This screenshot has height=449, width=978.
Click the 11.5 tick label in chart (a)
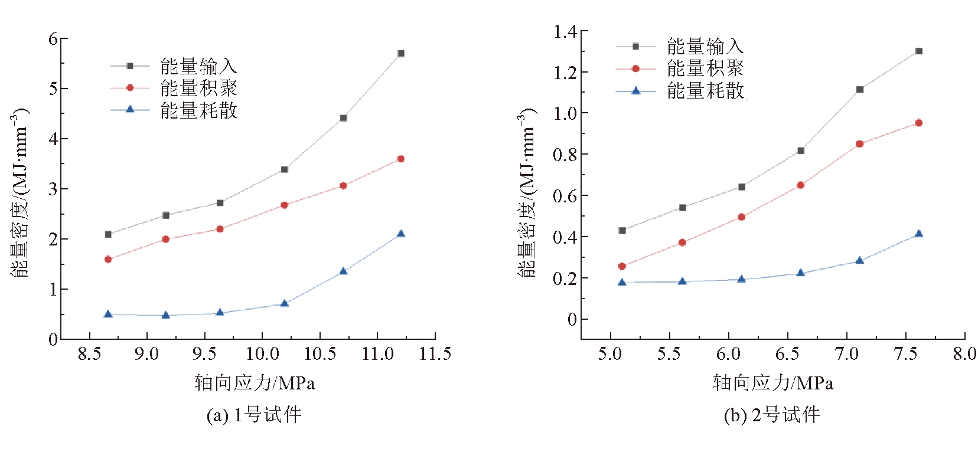[435, 354]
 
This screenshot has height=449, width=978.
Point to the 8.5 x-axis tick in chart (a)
[90, 354]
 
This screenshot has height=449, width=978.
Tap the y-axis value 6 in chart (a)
[54, 39]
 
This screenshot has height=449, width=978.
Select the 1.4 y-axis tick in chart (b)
[565, 31]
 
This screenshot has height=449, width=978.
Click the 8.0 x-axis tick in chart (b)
[964, 354]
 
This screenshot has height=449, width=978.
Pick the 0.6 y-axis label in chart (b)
[565, 196]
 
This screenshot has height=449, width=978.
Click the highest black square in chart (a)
[401, 54]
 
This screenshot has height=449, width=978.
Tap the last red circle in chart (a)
[401, 159]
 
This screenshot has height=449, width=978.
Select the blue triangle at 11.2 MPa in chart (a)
[401, 234]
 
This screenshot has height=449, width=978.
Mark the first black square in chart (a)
[108, 234]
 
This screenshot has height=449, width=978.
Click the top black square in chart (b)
[918, 51]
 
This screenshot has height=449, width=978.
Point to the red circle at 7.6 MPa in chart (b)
[918, 123]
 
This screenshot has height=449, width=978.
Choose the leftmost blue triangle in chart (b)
[622, 282]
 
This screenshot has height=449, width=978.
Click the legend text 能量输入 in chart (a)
[198, 66]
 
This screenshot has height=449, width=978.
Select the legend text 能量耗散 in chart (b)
[705, 91]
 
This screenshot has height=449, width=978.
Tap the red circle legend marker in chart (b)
[635, 69]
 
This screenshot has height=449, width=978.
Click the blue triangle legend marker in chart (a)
[130, 110]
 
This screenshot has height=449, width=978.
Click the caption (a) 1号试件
[254, 415]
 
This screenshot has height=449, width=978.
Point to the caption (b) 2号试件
[772, 415]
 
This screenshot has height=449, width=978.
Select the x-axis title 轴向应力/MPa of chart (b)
[772, 384]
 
